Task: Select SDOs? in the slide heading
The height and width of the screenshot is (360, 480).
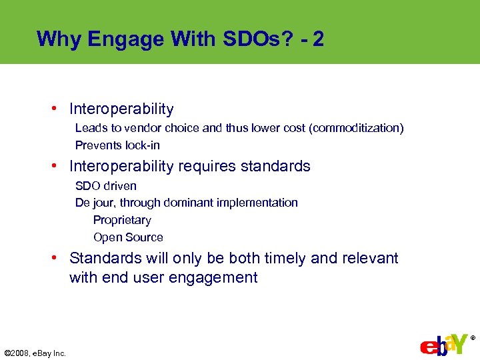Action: click(x=253, y=39)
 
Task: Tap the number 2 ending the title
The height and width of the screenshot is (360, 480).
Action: click(x=318, y=39)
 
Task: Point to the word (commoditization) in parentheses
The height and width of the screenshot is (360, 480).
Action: click(x=357, y=128)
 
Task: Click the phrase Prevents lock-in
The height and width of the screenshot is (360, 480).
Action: click(x=117, y=145)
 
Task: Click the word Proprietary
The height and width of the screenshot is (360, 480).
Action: click(x=122, y=220)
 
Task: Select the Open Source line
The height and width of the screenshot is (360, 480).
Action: click(x=128, y=237)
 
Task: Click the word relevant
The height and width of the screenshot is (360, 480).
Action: click(x=370, y=258)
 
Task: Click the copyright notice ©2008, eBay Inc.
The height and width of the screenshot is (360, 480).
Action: click(x=35, y=353)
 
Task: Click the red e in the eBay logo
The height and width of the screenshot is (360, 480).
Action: click(x=427, y=348)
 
